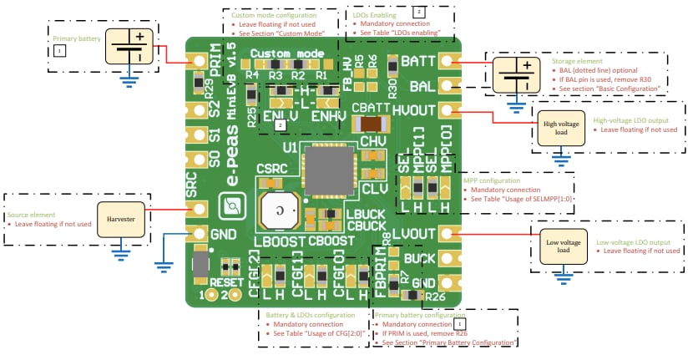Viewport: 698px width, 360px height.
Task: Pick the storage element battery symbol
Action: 515,75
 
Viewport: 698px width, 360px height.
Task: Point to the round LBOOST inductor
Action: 280,211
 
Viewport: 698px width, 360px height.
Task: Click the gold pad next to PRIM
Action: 199,62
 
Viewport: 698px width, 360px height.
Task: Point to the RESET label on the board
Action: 226,282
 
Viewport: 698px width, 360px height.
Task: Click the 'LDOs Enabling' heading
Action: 376,14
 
